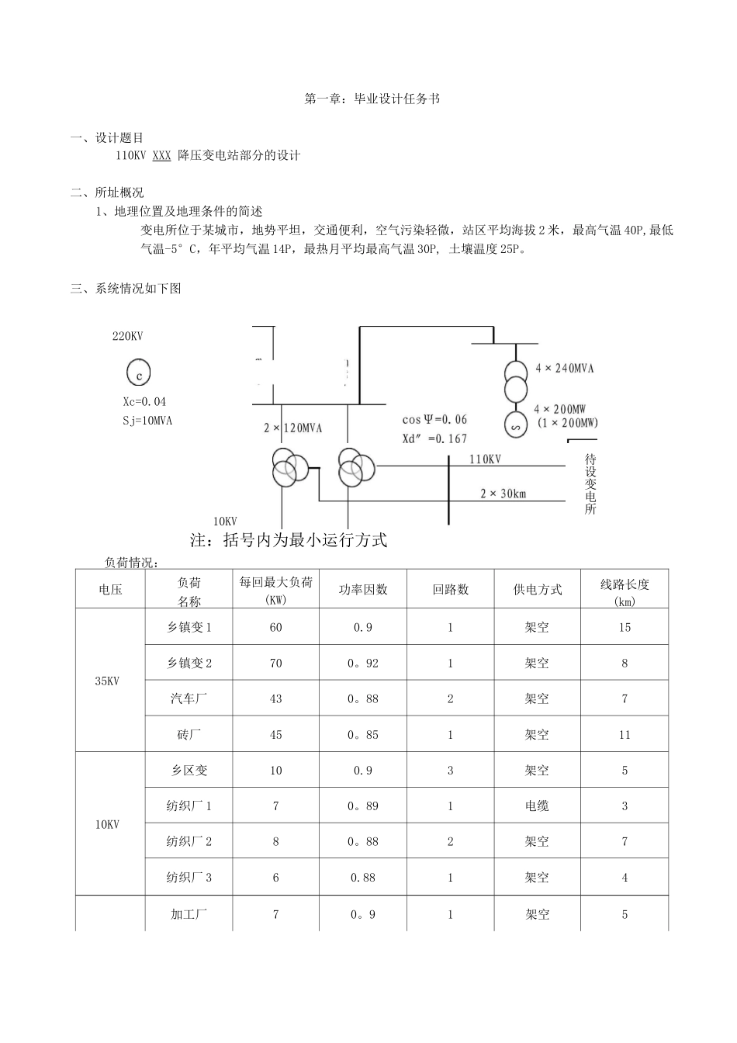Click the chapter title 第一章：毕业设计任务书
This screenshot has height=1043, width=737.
point(372,99)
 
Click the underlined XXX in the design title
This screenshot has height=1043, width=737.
point(161,155)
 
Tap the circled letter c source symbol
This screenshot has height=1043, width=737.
point(138,374)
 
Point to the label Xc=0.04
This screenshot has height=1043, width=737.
point(144,402)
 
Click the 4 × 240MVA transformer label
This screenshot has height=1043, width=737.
point(564,368)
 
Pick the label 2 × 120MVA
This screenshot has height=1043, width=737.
point(292,428)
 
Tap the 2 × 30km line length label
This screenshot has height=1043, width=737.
point(503,494)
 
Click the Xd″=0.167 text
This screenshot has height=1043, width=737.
point(434,438)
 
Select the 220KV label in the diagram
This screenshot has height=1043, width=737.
point(128,336)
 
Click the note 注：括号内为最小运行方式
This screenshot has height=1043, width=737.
point(289,540)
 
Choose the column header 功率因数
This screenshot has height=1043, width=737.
point(363,589)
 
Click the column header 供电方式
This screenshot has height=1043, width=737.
point(537,589)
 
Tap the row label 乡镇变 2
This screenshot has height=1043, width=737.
point(189,663)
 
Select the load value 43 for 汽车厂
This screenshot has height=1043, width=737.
point(275,698)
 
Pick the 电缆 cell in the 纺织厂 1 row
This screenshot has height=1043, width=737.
point(537,806)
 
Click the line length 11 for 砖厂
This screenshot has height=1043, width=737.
point(625,734)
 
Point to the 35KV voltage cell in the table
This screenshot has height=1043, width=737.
point(108,681)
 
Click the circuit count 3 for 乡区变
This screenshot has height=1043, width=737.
point(450,770)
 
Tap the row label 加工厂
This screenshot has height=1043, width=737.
point(189,914)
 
